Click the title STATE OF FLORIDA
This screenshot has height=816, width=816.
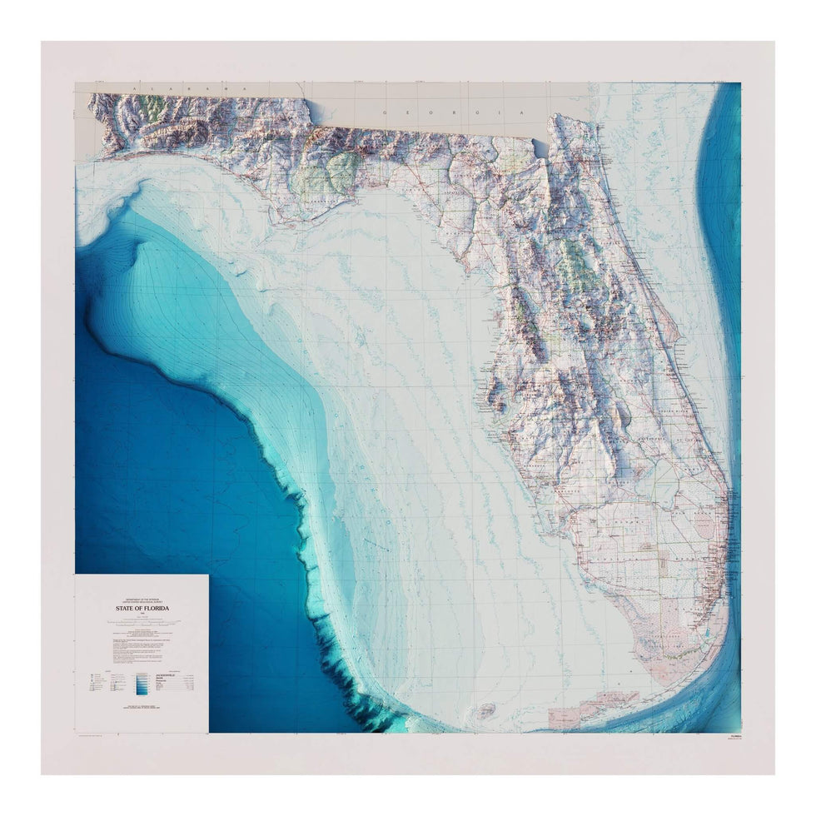coord(142,609)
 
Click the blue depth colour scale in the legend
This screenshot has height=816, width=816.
coord(142,682)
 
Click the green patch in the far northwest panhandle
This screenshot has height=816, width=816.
coord(150,107)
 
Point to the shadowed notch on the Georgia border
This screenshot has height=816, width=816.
coord(542,148)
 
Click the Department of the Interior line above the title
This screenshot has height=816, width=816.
coord(142,599)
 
